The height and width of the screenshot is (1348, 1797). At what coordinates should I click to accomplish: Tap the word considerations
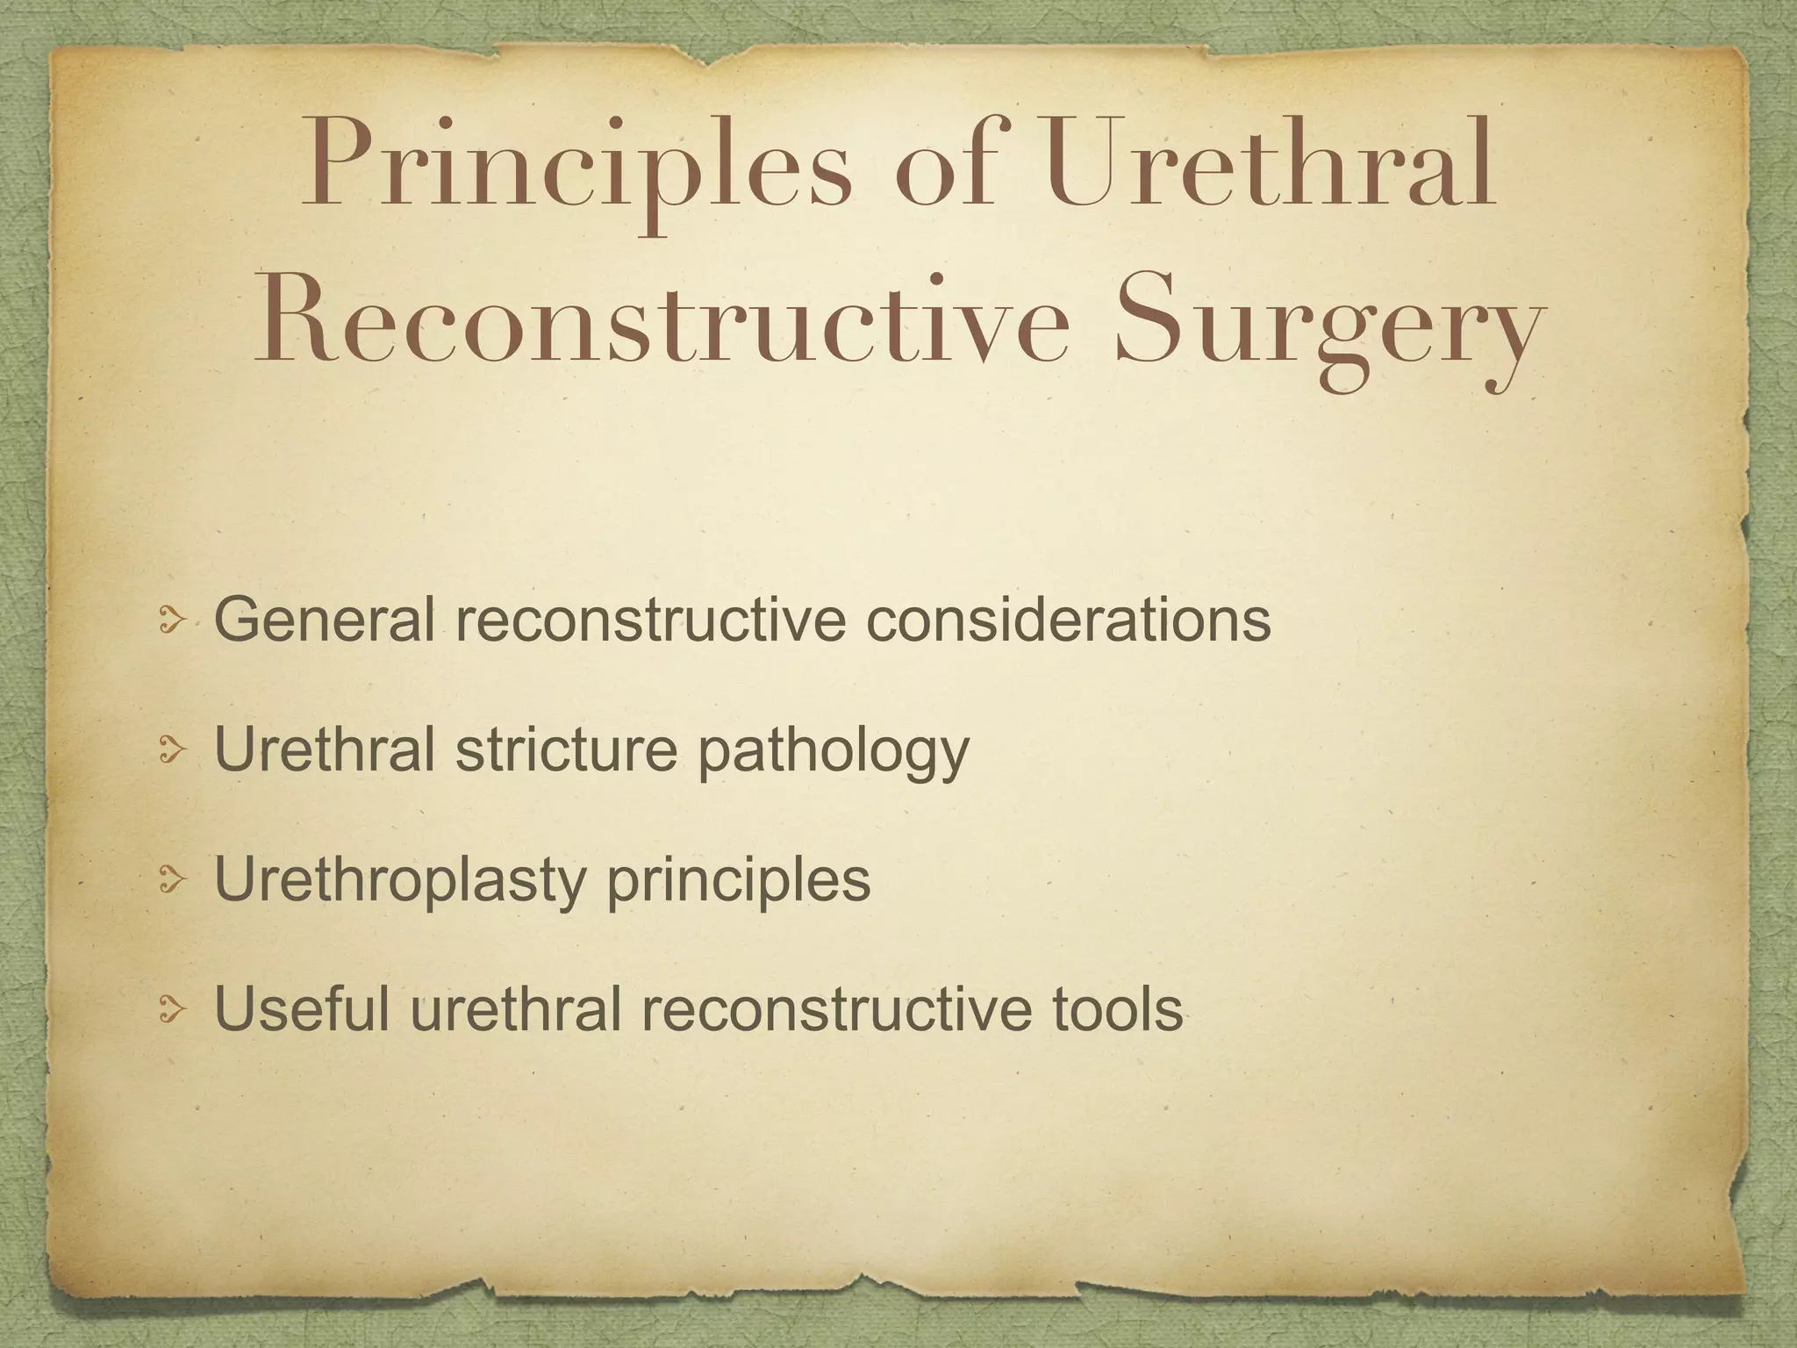point(1068,620)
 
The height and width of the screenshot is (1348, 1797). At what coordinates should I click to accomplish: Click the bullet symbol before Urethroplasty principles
point(171,884)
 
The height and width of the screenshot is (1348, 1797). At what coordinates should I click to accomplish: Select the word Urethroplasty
point(399,882)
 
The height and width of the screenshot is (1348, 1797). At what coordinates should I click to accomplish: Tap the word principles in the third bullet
point(739,884)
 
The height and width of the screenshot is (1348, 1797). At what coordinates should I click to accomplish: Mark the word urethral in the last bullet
point(517,1009)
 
